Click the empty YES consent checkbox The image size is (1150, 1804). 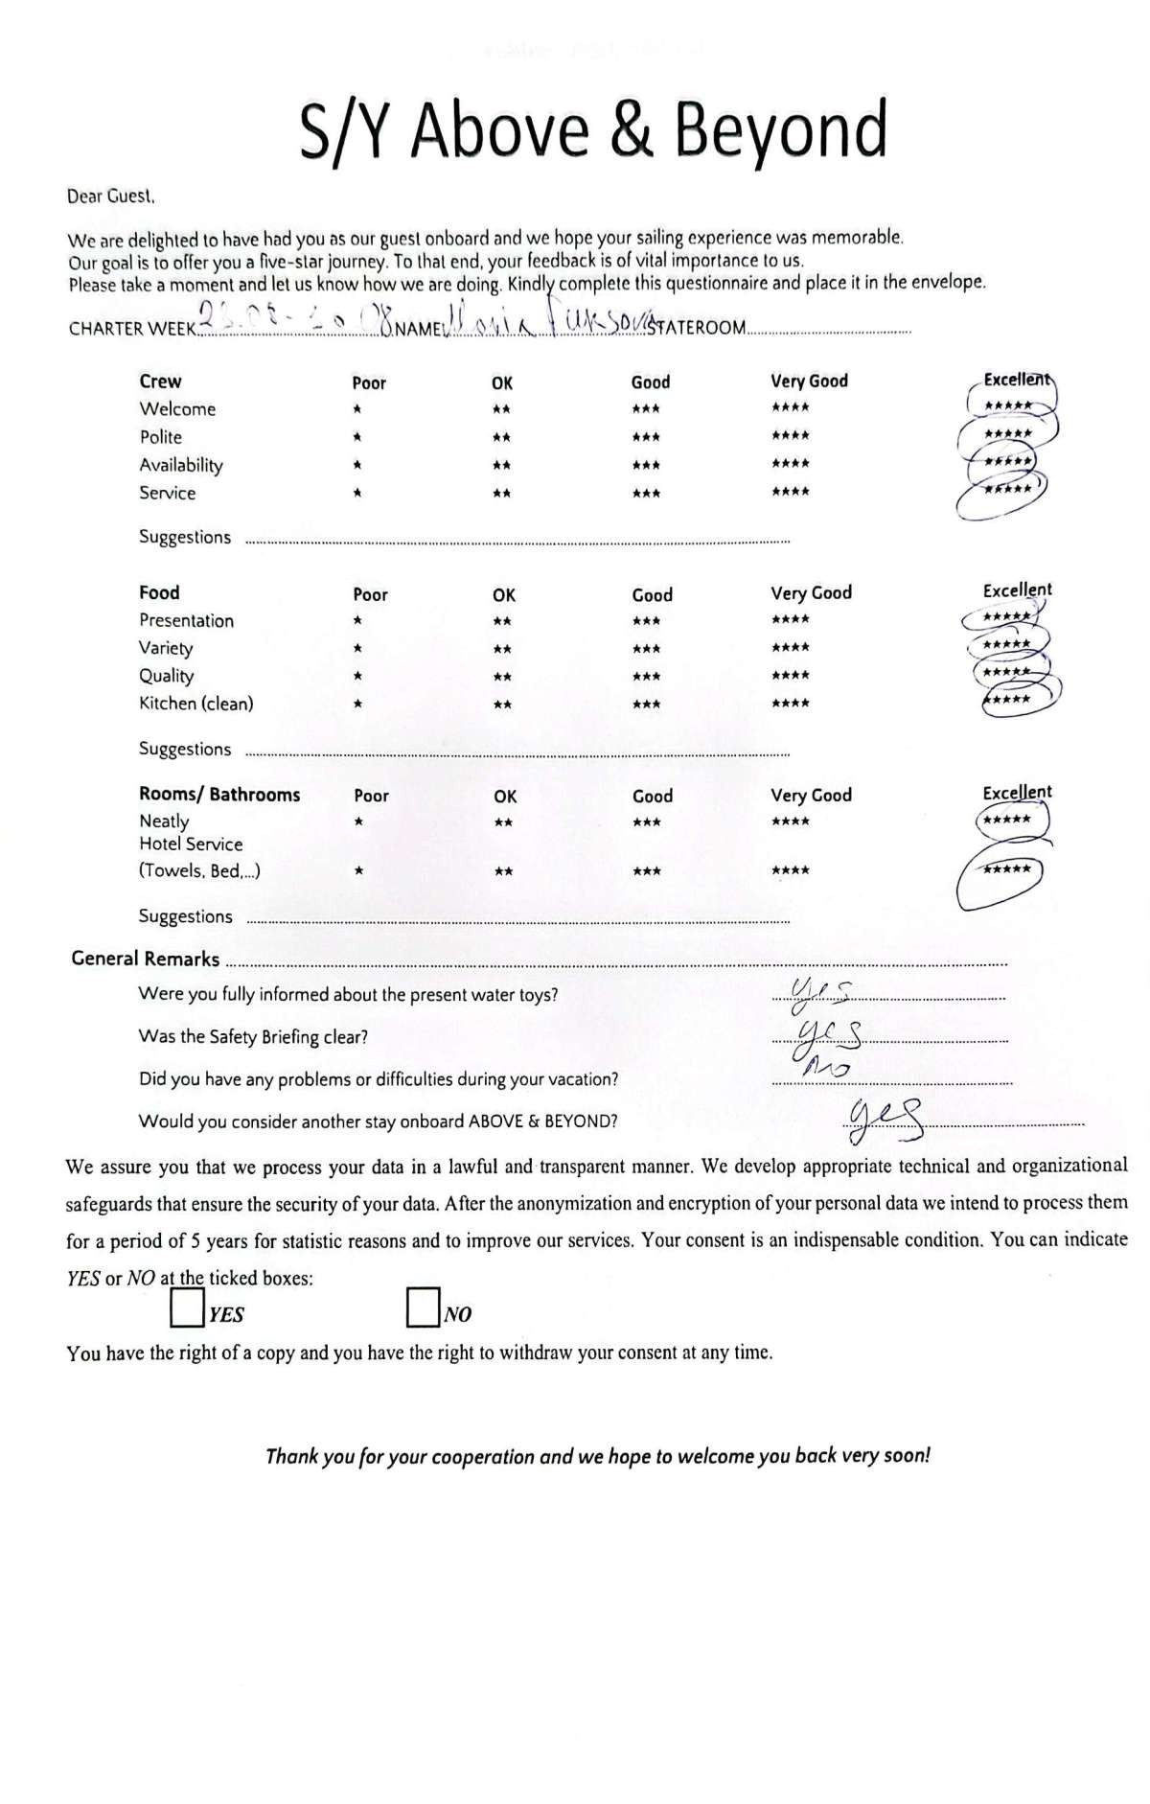(186, 1307)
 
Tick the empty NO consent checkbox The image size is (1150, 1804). (423, 1307)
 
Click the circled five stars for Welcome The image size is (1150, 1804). (1007, 405)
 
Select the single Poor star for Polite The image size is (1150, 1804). (356, 437)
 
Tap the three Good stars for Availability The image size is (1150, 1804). (646, 465)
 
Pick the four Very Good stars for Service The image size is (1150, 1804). (791, 492)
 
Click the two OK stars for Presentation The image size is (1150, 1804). (502, 621)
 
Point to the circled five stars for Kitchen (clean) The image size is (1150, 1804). (1007, 699)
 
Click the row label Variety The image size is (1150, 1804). (166, 648)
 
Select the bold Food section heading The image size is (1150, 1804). (159, 592)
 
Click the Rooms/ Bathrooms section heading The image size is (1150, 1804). (219, 795)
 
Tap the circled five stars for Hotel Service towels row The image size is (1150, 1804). (1006, 869)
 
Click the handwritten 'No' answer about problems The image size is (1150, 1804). (823, 1067)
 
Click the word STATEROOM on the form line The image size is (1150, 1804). (697, 328)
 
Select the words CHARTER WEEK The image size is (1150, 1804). (132, 329)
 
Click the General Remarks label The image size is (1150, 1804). (146, 959)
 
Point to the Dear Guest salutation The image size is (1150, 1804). (110, 197)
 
